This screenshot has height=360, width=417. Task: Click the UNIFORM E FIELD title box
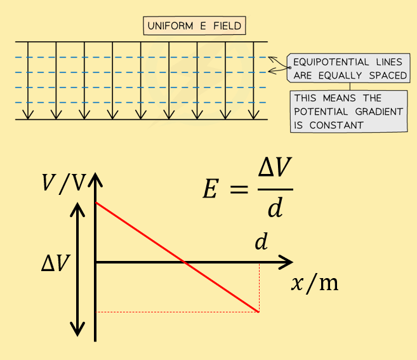(x=195, y=26)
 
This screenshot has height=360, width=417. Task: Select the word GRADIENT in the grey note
(x=380, y=111)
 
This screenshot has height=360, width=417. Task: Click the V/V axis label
(x=63, y=183)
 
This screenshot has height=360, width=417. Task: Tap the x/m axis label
(x=314, y=283)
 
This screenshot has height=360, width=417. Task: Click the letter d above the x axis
(x=260, y=242)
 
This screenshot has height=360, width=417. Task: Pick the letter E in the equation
(x=210, y=189)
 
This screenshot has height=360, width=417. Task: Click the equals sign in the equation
(x=237, y=189)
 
